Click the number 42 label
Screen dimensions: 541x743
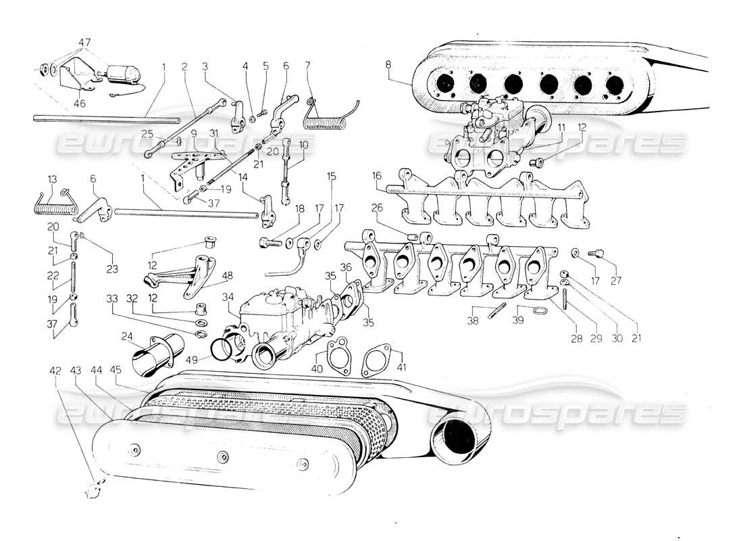55,370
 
